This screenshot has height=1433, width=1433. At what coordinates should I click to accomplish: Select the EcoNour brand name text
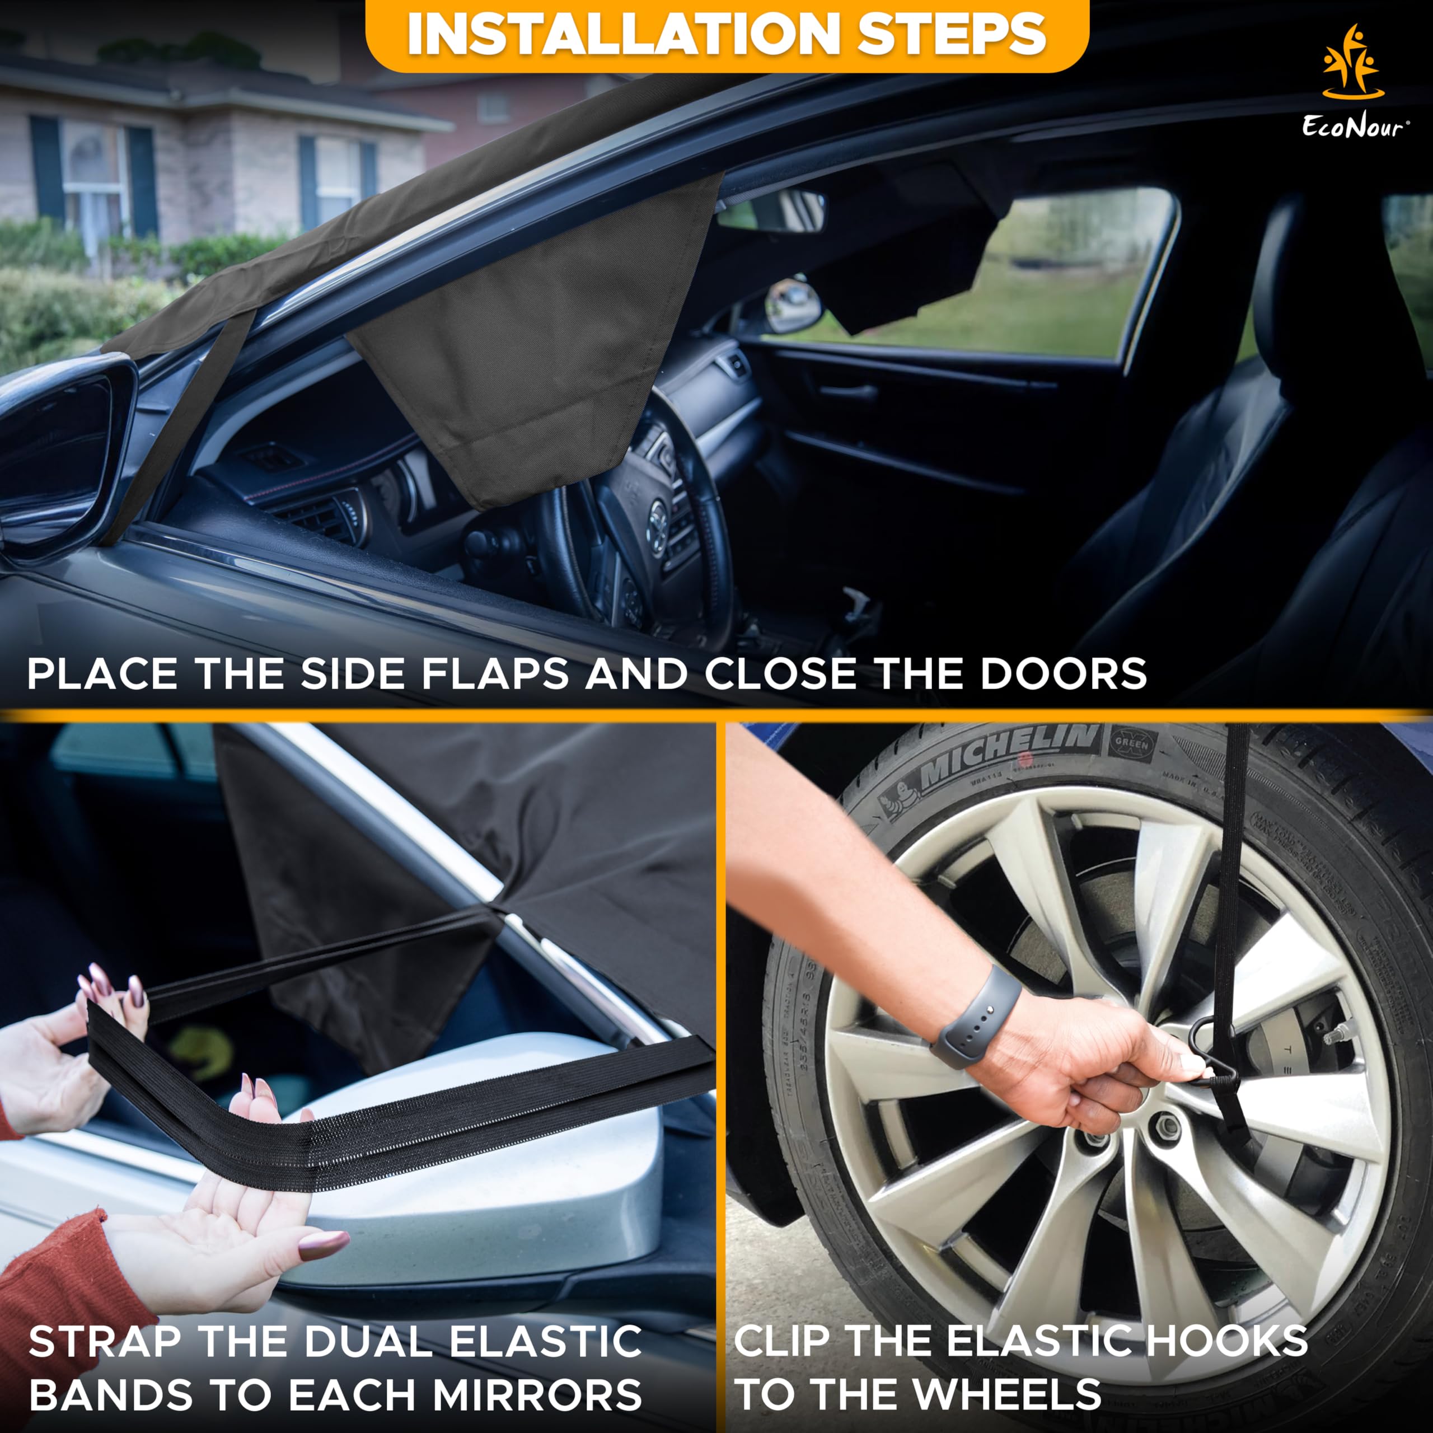(x=1353, y=127)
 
